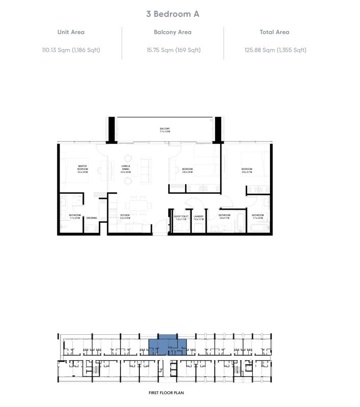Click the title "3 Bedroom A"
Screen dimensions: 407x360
[172, 14]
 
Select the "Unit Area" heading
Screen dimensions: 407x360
[71, 32]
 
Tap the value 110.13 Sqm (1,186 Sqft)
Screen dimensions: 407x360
[71, 50]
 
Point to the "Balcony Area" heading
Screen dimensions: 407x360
[172, 32]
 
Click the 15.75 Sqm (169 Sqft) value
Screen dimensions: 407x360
[172, 50]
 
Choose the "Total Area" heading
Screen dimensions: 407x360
[274, 32]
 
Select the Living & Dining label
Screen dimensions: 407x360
[126, 169]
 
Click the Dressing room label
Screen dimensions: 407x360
[92, 218]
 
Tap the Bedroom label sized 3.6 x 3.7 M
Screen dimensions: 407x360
[247, 170]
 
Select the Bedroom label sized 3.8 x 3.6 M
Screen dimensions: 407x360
[187, 170]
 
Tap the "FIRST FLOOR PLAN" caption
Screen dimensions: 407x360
[166, 393]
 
